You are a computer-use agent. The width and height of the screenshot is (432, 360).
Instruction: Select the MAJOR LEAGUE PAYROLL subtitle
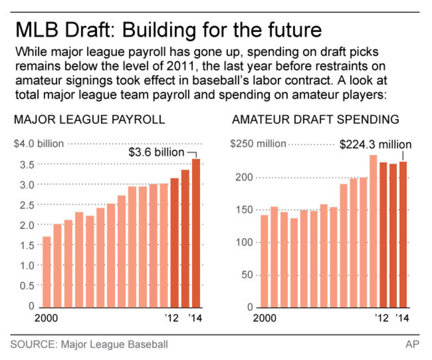pyautogui.click(x=89, y=120)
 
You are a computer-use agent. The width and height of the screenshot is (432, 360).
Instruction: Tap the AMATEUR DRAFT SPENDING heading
pyautogui.click(x=316, y=120)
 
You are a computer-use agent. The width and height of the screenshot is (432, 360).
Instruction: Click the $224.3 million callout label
pyautogui.click(x=375, y=145)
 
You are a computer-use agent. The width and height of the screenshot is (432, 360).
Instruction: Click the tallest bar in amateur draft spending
pyautogui.click(x=373, y=231)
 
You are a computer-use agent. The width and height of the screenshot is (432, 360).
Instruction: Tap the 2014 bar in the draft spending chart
pyautogui.click(x=403, y=234)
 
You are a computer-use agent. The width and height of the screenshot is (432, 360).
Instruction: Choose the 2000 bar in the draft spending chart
pyautogui.click(x=264, y=261)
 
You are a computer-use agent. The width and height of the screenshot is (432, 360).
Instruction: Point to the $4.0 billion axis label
pyautogui.click(x=39, y=144)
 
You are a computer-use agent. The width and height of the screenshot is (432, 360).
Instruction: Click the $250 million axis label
pyautogui.click(x=258, y=144)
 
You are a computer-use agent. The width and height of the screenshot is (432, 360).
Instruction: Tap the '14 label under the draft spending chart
pyautogui.click(x=402, y=319)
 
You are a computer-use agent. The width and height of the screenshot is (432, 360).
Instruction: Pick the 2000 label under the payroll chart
pyautogui.click(x=47, y=319)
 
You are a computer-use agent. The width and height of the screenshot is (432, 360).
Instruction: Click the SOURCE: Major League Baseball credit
pyautogui.click(x=89, y=344)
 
